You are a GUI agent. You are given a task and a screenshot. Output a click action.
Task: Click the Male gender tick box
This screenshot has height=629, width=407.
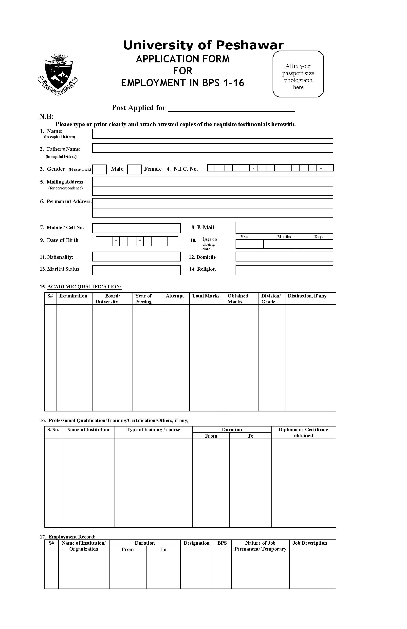point(99,169)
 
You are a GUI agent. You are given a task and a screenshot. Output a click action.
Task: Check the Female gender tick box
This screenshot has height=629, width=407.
point(134,169)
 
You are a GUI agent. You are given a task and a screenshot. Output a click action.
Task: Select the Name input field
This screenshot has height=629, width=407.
point(212,134)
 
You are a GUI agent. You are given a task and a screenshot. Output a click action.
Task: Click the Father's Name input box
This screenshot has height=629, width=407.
point(212,148)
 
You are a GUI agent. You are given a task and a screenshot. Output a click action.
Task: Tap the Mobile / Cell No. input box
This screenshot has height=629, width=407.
point(136,228)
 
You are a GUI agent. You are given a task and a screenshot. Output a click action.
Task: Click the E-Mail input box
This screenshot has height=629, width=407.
point(284,227)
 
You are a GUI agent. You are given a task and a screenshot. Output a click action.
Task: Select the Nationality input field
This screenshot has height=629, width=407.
point(136,257)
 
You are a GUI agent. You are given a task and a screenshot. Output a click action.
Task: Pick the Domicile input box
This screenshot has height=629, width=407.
point(284,257)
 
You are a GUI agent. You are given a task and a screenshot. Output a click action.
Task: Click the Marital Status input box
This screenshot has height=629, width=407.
point(136,270)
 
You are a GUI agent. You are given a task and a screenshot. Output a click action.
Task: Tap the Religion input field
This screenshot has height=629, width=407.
point(284,270)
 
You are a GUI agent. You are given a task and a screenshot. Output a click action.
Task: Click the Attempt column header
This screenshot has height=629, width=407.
point(175,296)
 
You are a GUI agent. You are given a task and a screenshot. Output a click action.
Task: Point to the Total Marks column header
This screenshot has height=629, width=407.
point(206,296)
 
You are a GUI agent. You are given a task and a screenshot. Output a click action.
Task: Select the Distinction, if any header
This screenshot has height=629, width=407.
point(307,296)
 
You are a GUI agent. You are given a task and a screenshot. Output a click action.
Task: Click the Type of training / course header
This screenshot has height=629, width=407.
point(153,430)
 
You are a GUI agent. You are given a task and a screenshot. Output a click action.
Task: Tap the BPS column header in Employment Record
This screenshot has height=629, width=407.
point(222,543)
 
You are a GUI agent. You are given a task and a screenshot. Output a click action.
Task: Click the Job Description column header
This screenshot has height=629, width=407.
point(310,543)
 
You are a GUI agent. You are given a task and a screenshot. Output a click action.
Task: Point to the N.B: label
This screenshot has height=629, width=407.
point(46,116)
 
